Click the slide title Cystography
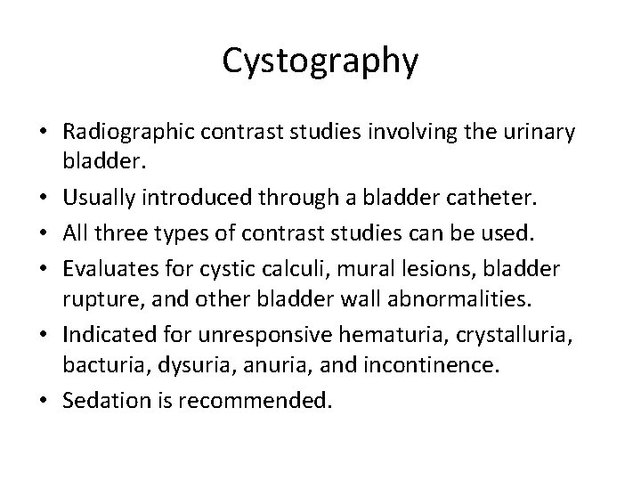320,61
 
